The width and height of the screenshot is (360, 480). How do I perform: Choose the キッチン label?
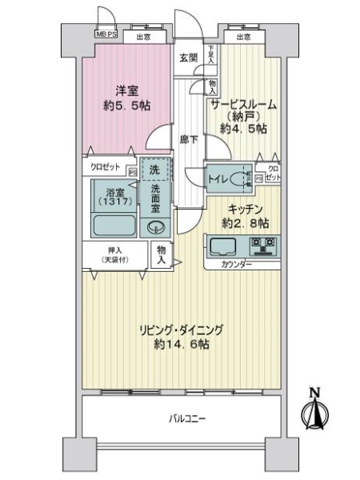(242, 206)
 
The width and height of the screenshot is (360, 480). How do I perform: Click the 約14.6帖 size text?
(182, 345)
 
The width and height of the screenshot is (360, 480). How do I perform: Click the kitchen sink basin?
(222, 244)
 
